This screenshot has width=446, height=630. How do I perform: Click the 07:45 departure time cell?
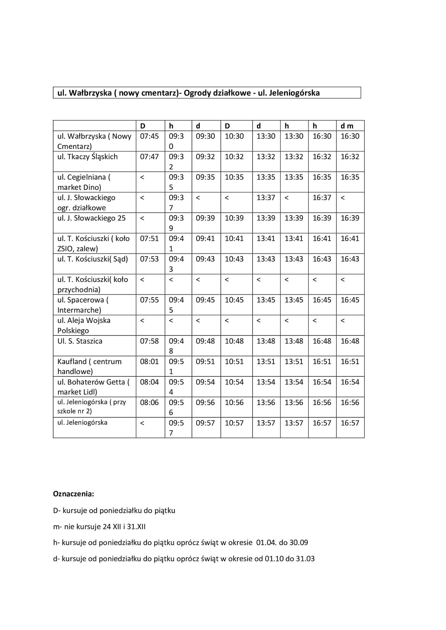click(149, 136)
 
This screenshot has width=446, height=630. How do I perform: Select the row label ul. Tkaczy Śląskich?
click(87, 157)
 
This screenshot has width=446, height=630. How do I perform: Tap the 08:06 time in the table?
click(149, 403)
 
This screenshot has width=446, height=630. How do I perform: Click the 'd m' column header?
click(347, 126)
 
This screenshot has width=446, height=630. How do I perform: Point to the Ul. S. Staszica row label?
click(80, 341)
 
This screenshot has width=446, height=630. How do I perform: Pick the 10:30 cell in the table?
click(234, 136)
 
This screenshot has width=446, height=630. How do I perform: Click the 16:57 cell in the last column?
click(350, 423)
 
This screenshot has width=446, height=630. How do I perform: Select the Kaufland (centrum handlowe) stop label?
click(89, 366)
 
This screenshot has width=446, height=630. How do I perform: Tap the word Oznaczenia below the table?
click(73, 494)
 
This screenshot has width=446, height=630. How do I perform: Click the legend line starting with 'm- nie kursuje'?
click(99, 527)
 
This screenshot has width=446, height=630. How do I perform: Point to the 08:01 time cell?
click(149, 362)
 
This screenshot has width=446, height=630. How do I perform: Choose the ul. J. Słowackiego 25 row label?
click(91, 218)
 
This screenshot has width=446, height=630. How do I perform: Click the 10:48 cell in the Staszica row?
click(234, 341)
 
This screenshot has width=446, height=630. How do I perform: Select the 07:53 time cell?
click(149, 259)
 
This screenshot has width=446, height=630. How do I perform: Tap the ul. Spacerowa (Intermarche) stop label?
click(83, 305)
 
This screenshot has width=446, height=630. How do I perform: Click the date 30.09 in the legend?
click(299, 543)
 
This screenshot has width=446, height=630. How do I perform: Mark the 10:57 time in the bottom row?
click(234, 423)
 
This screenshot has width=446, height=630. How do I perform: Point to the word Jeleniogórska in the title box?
click(294, 93)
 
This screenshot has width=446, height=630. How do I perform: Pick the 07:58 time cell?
click(149, 341)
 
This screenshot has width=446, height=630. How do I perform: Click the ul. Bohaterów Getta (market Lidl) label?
click(93, 387)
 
